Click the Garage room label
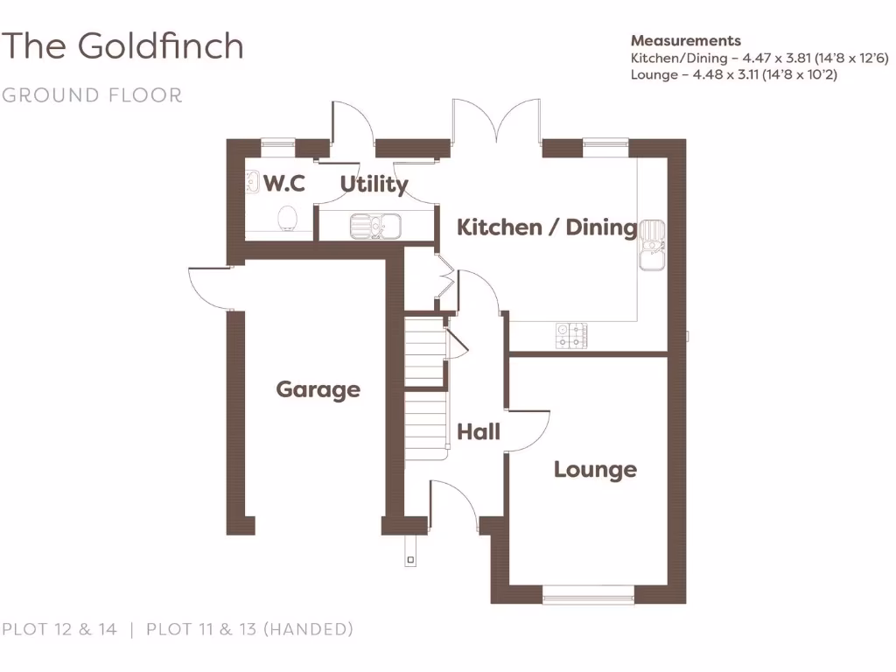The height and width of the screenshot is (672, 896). point(318,389)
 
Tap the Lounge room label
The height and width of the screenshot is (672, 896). point(595,470)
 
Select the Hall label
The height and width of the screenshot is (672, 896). point(479,431)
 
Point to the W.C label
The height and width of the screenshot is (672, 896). point(284,184)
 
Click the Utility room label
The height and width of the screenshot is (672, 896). point(374,185)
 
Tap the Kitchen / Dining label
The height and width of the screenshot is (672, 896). point(547,227)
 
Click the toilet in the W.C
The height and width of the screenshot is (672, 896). point(287,217)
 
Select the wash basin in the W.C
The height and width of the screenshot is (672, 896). point(252,182)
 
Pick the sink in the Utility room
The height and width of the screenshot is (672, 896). point(374,226)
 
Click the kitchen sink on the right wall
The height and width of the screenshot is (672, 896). point(651,244)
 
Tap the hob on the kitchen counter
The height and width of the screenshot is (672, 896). point(570,334)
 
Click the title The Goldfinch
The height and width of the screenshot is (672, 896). point(122,45)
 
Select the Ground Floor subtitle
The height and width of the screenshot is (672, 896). point(92,94)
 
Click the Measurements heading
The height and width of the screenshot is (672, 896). point(685,40)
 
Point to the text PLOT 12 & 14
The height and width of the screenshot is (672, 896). point(59,628)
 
